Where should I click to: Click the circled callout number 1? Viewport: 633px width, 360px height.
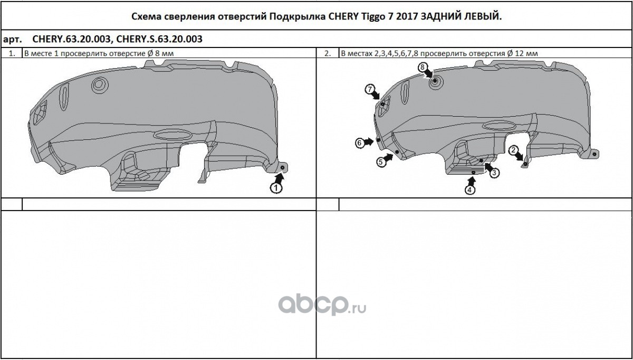(276, 188)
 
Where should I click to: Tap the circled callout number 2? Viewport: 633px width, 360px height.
(513, 150)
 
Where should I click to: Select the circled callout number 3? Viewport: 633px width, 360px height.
(494, 173)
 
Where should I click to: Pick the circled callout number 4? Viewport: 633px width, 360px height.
(469, 190)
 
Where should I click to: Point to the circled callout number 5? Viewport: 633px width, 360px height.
(381, 162)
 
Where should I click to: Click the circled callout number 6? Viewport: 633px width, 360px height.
(359, 143)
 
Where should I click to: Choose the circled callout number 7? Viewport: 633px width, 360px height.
(369, 89)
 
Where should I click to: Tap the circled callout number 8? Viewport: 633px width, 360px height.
(423, 67)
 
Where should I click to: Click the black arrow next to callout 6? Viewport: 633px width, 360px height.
(369, 141)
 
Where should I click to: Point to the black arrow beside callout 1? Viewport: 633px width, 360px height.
(280, 178)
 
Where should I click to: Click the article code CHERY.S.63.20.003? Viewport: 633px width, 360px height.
(159, 39)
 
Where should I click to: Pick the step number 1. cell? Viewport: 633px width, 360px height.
(12, 53)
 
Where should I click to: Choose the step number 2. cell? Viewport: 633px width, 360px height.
(328, 53)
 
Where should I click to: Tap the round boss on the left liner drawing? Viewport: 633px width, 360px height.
(100, 84)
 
